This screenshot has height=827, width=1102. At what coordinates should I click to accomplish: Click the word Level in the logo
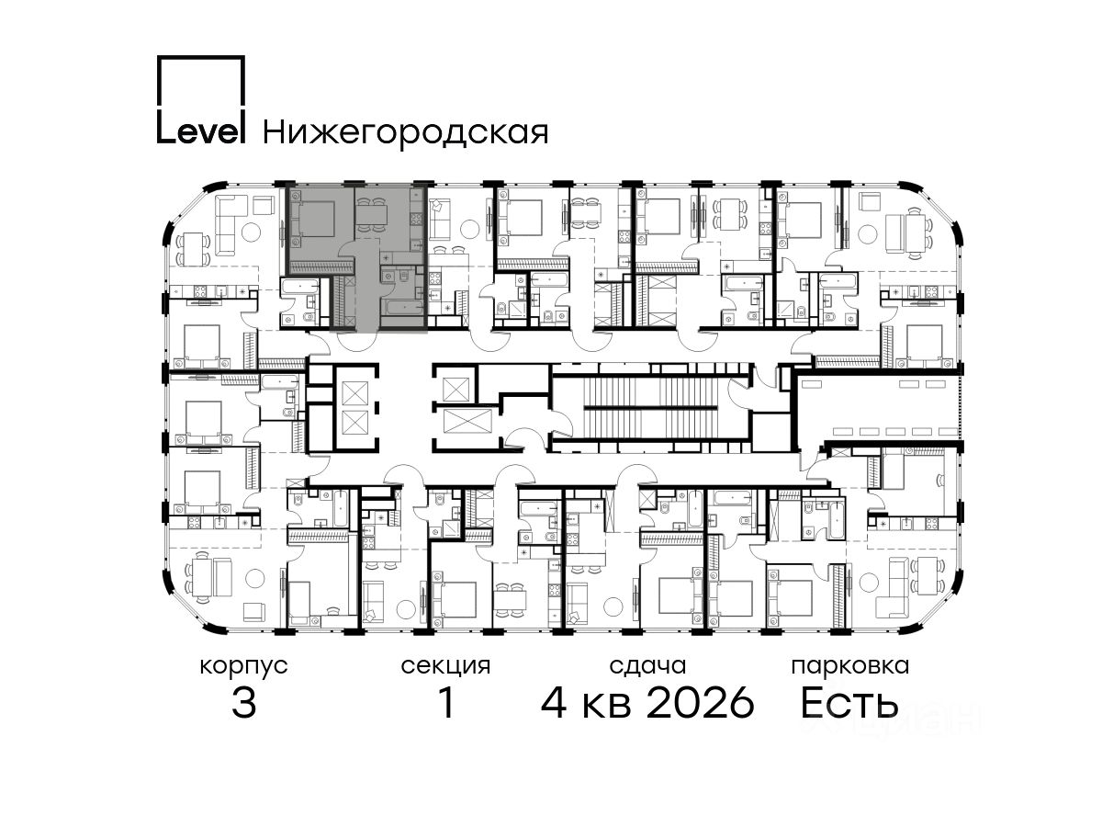(x=201, y=131)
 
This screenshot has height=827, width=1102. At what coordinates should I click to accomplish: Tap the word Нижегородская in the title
(x=406, y=133)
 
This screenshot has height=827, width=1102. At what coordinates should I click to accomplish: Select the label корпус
(x=243, y=666)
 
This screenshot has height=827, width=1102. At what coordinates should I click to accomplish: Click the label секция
(x=445, y=666)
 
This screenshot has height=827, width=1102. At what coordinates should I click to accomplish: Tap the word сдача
(x=647, y=666)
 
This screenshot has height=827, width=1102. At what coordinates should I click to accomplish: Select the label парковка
(x=850, y=666)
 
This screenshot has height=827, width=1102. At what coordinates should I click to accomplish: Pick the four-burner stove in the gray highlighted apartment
(x=417, y=219)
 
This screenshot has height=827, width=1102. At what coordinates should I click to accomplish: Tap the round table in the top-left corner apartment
(x=251, y=232)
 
